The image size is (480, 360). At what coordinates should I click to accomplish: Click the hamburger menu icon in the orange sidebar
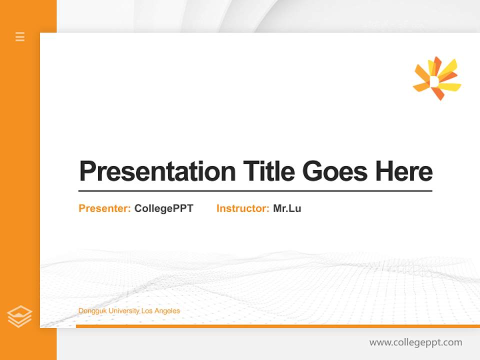tap(20, 36)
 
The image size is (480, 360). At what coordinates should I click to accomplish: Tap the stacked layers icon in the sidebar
tap(19, 316)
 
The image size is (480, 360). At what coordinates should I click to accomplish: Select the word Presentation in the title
tap(157, 171)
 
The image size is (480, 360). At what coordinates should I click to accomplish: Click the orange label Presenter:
tap(104, 208)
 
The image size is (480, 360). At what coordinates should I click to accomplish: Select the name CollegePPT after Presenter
tap(163, 208)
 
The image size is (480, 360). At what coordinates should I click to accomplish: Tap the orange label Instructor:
tap(242, 208)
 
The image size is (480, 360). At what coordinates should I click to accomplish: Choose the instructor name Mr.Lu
tap(287, 208)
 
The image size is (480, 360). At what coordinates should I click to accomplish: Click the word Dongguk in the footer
tap(92, 311)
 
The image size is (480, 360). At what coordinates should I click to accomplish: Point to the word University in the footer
tap(124, 311)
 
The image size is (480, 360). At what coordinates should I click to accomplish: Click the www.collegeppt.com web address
tap(415, 342)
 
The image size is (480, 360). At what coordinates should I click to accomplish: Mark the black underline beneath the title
tap(255, 191)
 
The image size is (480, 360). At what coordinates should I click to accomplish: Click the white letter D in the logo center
tap(434, 80)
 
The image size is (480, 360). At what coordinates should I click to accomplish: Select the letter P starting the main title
tap(87, 171)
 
